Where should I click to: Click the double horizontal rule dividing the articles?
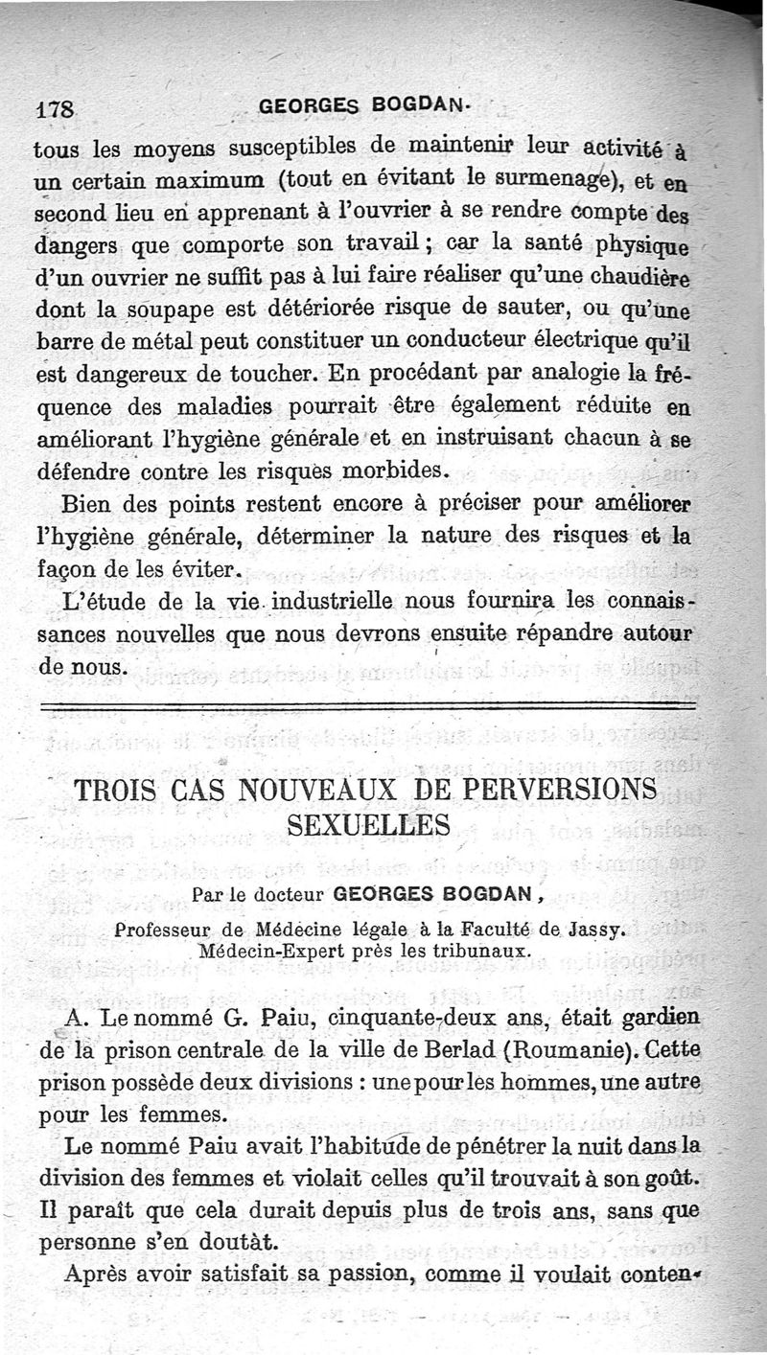(x=364, y=708)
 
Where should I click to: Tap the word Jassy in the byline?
(x=593, y=929)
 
